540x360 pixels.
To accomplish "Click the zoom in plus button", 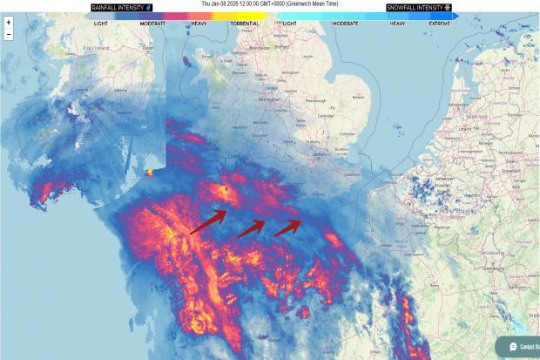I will click(8, 23).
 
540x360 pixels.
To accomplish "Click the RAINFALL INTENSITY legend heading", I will click(121, 7).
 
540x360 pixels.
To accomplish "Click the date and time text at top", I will click(270, 3).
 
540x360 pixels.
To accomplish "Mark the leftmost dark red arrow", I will click(206, 225).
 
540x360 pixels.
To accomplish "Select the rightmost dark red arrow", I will click(288, 228).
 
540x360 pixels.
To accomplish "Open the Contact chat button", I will click(521, 346).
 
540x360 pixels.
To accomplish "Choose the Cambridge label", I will click(326, 116).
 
